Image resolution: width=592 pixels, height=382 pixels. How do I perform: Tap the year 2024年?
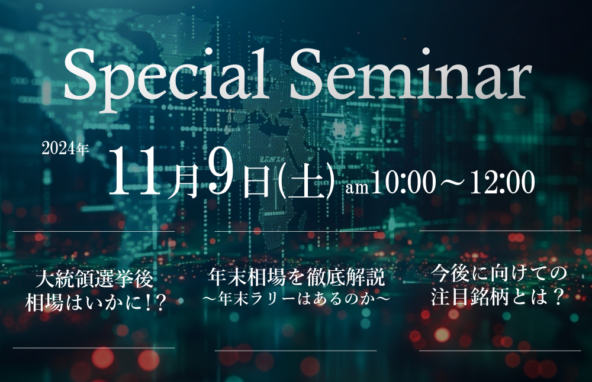pyautogui.click(x=65, y=150)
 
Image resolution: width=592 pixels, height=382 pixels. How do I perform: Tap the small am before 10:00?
pyautogui.click(x=357, y=187)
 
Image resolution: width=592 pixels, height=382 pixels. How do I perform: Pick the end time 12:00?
pyautogui.click(x=502, y=182)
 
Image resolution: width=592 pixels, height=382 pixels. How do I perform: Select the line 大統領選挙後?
pyautogui.click(x=95, y=280)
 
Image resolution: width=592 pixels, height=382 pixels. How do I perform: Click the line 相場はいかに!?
pyautogui.click(x=96, y=302)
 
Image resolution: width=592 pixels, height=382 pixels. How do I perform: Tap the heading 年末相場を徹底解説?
pyautogui.click(x=297, y=277)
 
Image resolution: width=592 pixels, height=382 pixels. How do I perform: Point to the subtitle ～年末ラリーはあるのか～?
pyautogui.click(x=297, y=298)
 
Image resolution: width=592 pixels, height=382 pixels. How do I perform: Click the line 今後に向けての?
pyautogui.click(x=500, y=273)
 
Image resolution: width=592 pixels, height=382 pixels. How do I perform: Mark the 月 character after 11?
pyautogui.click(x=183, y=181)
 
